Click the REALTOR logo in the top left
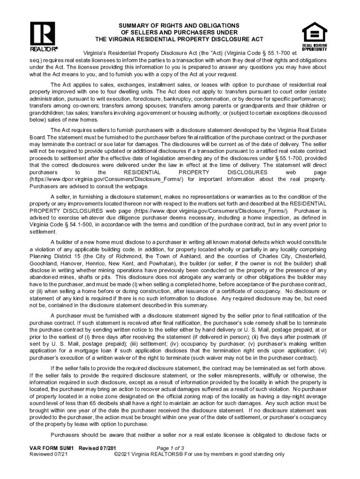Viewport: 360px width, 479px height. click(43, 36)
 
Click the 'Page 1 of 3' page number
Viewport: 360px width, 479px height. click(173, 448)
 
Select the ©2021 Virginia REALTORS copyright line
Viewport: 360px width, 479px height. click(199, 454)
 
